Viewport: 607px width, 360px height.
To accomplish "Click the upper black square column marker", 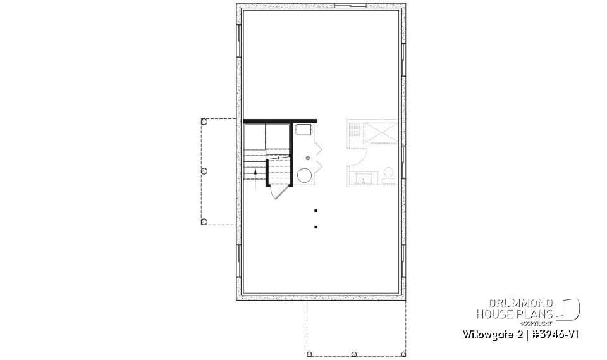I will click(x=316, y=210).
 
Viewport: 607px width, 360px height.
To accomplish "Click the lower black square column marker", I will click(x=316, y=226).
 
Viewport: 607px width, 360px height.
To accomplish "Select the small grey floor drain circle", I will click(x=308, y=158).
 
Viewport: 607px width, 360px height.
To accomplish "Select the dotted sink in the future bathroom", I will click(x=364, y=179).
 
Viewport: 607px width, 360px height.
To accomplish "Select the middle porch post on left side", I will click(x=204, y=171).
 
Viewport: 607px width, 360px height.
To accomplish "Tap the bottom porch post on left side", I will click(x=204, y=221).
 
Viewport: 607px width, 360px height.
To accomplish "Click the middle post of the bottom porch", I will click(x=354, y=354).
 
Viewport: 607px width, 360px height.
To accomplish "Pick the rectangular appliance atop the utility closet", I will click(x=303, y=129).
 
